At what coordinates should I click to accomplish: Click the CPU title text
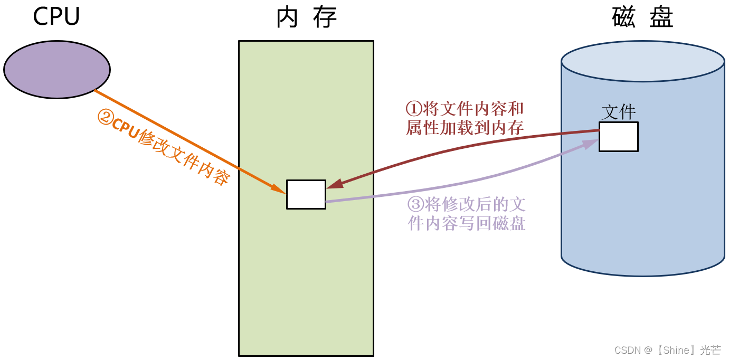[56, 17]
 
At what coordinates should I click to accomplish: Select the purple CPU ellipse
[57, 69]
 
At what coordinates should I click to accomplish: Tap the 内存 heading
[306, 18]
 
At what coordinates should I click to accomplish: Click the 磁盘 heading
[642, 18]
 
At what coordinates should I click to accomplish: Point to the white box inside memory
[306, 194]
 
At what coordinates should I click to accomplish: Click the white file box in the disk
[618, 137]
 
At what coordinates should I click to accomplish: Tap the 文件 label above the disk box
[619, 112]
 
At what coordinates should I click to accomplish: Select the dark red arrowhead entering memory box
[334, 184]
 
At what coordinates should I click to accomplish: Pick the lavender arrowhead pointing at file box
[591, 143]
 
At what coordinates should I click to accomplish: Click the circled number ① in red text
[414, 109]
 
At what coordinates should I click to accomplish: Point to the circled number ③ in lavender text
[415, 204]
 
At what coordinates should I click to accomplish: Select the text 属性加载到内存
[465, 128]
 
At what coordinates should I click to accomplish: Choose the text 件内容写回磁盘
[467, 223]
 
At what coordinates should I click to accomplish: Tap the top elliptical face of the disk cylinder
[642, 61]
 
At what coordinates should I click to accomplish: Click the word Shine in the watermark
[676, 350]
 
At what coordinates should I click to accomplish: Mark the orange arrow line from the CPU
[185, 140]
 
